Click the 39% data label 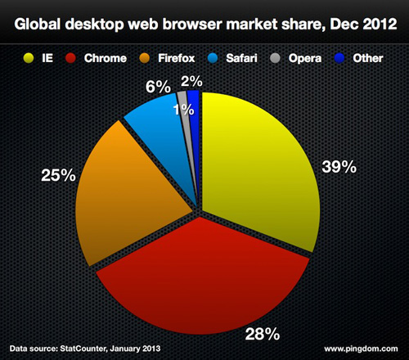[x=339, y=168]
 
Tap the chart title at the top [x=204, y=20]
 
